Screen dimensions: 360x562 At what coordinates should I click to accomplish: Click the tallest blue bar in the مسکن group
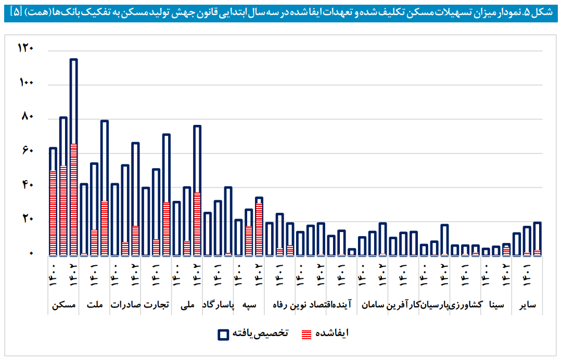[x=73, y=156]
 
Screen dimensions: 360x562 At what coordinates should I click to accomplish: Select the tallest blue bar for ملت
[x=104, y=187]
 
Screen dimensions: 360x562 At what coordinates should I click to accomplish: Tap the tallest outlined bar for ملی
[x=197, y=190]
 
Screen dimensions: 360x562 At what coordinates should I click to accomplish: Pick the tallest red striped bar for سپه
[x=259, y=229]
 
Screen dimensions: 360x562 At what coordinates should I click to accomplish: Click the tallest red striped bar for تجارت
[x=166, y=228]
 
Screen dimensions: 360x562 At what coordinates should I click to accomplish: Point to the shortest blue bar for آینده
[x=352, y=252]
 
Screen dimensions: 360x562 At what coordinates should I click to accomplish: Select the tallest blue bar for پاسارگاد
[x=228, y=221]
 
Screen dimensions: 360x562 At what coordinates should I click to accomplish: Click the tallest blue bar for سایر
[x=537, y=239]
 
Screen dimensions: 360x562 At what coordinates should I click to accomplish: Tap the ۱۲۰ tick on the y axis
[x=25, y=48]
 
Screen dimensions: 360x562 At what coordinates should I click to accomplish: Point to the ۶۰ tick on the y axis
[x=27, y=151]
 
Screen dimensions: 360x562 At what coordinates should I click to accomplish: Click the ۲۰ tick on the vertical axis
[x=27, y=219]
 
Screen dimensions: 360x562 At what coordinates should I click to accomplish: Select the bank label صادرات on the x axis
[x=125, y=305]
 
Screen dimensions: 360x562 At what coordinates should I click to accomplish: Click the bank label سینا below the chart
[x=496, y=305]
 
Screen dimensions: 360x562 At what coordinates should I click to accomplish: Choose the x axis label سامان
[x=372, y=305]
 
